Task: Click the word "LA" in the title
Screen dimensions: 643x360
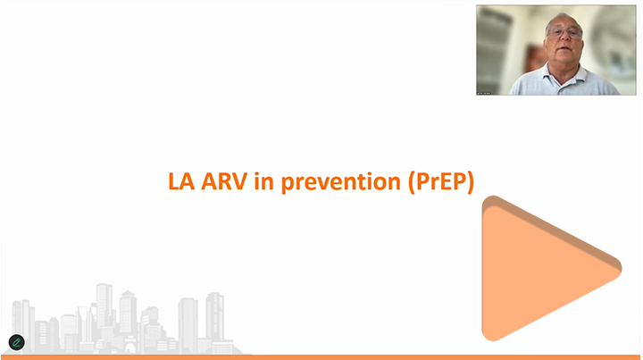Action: [181, 181]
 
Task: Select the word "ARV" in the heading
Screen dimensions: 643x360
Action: [224, 181]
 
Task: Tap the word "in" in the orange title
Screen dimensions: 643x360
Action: [263, 180]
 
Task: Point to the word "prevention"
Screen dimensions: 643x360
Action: [341, 182]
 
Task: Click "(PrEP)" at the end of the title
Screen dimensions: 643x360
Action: [441, 182]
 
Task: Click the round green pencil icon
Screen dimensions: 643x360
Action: [17, 342]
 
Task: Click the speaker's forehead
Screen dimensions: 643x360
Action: [564, 21]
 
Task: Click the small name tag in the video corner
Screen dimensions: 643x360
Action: [484, 93]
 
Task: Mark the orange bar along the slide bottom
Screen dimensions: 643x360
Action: [321, 357]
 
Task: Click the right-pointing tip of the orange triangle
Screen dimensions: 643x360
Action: [622, 269]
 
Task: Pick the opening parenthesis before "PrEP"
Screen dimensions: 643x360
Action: [412, 182]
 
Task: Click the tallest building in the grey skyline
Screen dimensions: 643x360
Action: [104, 306]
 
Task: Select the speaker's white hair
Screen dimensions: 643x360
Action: [563, 19]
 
